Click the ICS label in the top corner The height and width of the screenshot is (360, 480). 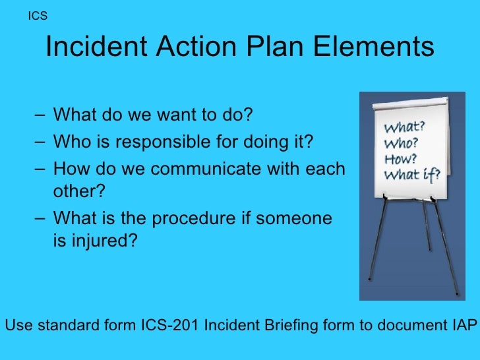[38, 16]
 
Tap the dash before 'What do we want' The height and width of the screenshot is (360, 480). [42, 115]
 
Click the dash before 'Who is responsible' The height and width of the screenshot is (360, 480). [42, 142]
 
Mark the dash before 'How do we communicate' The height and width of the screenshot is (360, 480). [42, 169]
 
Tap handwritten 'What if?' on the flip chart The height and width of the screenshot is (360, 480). [407, 175]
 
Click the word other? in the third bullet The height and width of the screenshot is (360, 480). [78, 192]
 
